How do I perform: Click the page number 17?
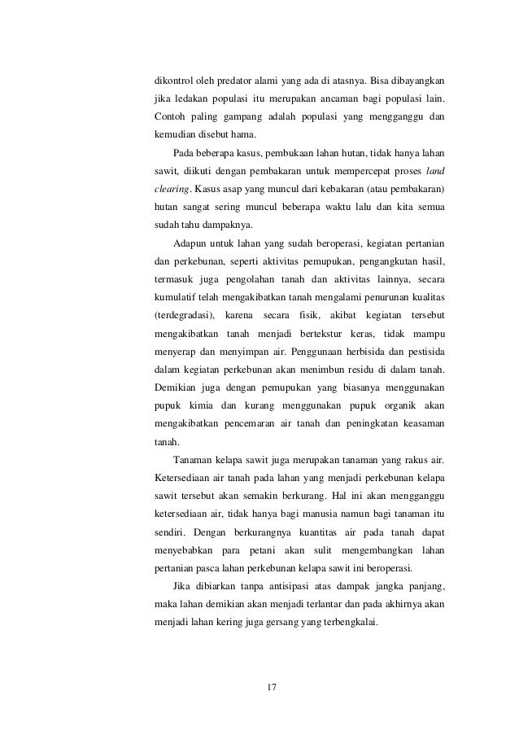(273, 689)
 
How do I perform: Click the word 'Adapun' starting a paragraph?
(190, 243)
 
